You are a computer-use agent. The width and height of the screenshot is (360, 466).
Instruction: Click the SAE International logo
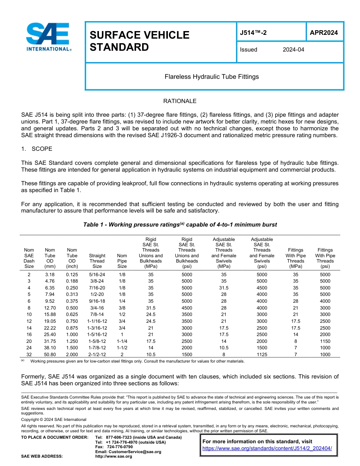pyautogui.click(x=48, y=37)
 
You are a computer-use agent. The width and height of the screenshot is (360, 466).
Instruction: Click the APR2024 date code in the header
pyautogui.click(x=324, y=33)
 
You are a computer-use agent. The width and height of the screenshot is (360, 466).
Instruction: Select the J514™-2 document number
pyautogui.click(x=253, y=33)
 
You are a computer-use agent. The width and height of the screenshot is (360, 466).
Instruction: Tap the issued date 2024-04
pyautogui.click(x=293, y=50)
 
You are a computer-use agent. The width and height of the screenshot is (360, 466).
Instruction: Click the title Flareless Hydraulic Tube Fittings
pyautogui.click(x=211, y=77)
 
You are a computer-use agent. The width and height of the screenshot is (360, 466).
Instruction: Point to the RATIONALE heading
pyautogui.click(x=180, y=101)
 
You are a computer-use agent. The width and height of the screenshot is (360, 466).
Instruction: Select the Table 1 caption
pyautogui.click(x=180, y=225)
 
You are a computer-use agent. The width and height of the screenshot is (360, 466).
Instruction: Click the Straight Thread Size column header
pyautogui.click(x=97, y=261)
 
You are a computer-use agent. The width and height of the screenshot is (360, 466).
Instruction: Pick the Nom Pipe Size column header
pyautogui.click(x=122, y=261)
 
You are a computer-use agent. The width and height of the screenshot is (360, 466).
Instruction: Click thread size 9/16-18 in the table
pyautogui.click(x=97, y=301)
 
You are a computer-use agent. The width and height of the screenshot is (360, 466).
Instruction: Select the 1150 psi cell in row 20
pyautogui.click(x=325, y=341)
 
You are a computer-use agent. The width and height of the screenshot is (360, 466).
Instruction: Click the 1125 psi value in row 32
pyautogui.click(x=261, y=355)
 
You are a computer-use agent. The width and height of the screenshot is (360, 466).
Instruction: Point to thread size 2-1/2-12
pyautogui.click(x=97, y=355)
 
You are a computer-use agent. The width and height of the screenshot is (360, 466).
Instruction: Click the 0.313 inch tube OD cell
pyautogui.click(x=72, y=294)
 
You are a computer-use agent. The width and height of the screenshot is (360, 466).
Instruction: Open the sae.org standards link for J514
pyautogui.click(x=267, y=449)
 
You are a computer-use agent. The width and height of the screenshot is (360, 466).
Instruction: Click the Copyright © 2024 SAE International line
pyautogui.click(x=54, y=419)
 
